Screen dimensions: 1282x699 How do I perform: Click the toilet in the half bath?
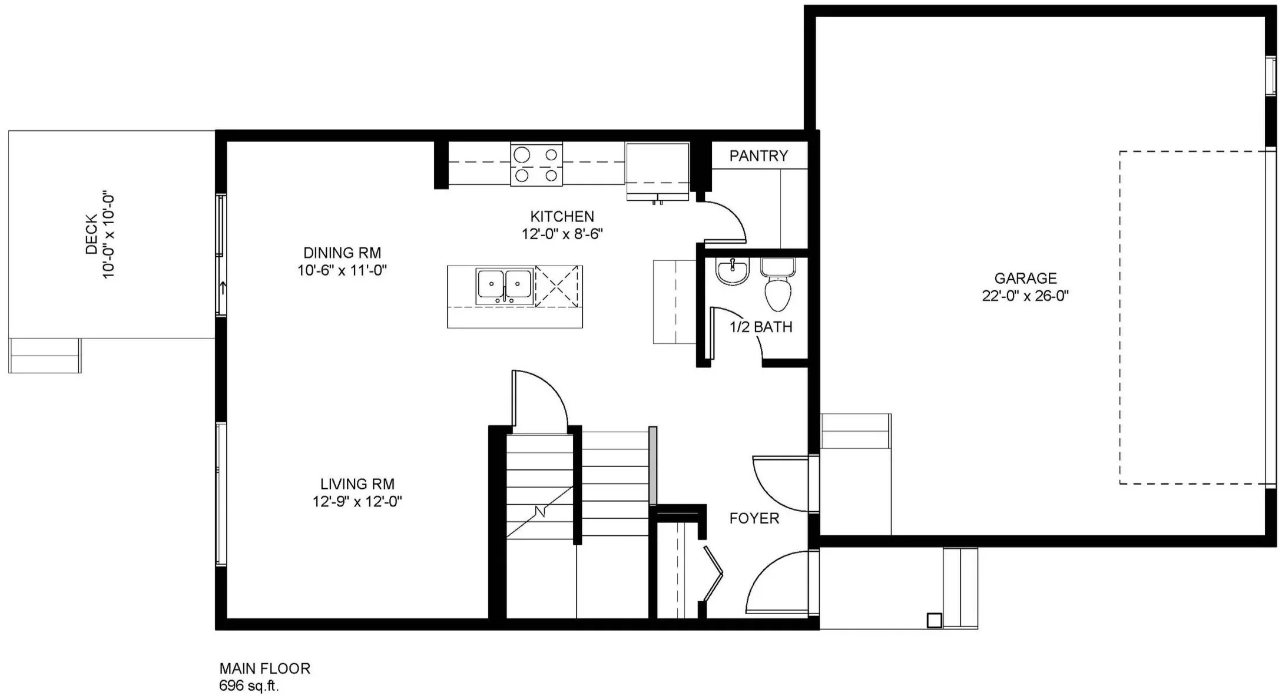pos(778,285)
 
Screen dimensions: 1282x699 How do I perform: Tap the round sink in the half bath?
pos(733,271)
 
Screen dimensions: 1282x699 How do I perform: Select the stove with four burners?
pos(536,164)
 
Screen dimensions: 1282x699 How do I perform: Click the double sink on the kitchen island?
pos(505,286)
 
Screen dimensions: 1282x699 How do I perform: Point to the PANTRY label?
pos(758,156)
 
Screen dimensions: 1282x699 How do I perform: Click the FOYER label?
pos(754,518)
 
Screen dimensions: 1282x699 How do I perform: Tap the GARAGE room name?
pos(1025,278)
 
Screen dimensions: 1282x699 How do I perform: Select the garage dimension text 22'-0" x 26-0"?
pos(1025,296)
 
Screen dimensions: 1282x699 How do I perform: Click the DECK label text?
pos(91,234)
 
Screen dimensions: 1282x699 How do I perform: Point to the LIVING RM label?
pos(357,484)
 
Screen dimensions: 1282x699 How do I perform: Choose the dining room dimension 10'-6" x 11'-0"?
pos(342,270)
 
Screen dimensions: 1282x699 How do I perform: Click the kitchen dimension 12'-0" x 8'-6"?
pos(562,234)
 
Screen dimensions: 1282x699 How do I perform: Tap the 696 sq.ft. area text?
pos(249,685)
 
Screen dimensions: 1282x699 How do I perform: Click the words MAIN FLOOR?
pos(265,668)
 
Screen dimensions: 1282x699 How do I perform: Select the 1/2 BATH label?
pos(761,327)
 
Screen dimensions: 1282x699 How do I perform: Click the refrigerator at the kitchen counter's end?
pos(657,171)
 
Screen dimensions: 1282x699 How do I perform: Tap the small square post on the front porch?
pos(934,620)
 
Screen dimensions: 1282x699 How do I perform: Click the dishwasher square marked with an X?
pos(556,286)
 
